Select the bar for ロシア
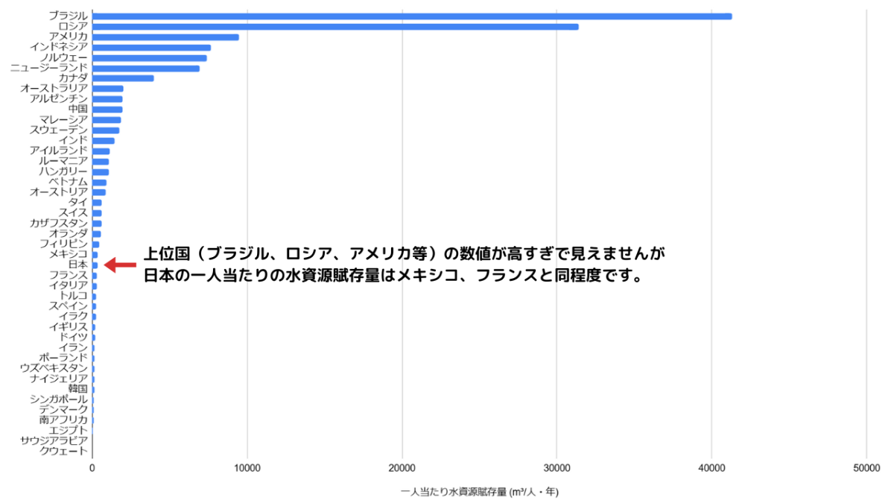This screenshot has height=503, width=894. pos(335,27)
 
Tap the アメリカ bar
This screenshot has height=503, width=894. pos(165,37)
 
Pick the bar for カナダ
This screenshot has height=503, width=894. pos(123,78)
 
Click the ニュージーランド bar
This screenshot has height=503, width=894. pos(146,69)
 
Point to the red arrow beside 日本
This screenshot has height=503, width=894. pos(121,265)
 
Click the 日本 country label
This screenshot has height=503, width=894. pos(77,265)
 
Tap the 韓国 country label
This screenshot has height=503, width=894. pos(77,388)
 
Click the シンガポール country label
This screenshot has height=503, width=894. pos(59,399)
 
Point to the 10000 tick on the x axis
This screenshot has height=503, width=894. pos(247,468)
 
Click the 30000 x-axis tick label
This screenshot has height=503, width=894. pos(557,468)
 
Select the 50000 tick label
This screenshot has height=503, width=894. pos(866,468)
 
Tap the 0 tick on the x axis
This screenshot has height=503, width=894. pos(92,468)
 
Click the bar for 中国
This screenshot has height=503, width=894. pos(107,110)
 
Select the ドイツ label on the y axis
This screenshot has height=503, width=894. pos(73,337)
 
